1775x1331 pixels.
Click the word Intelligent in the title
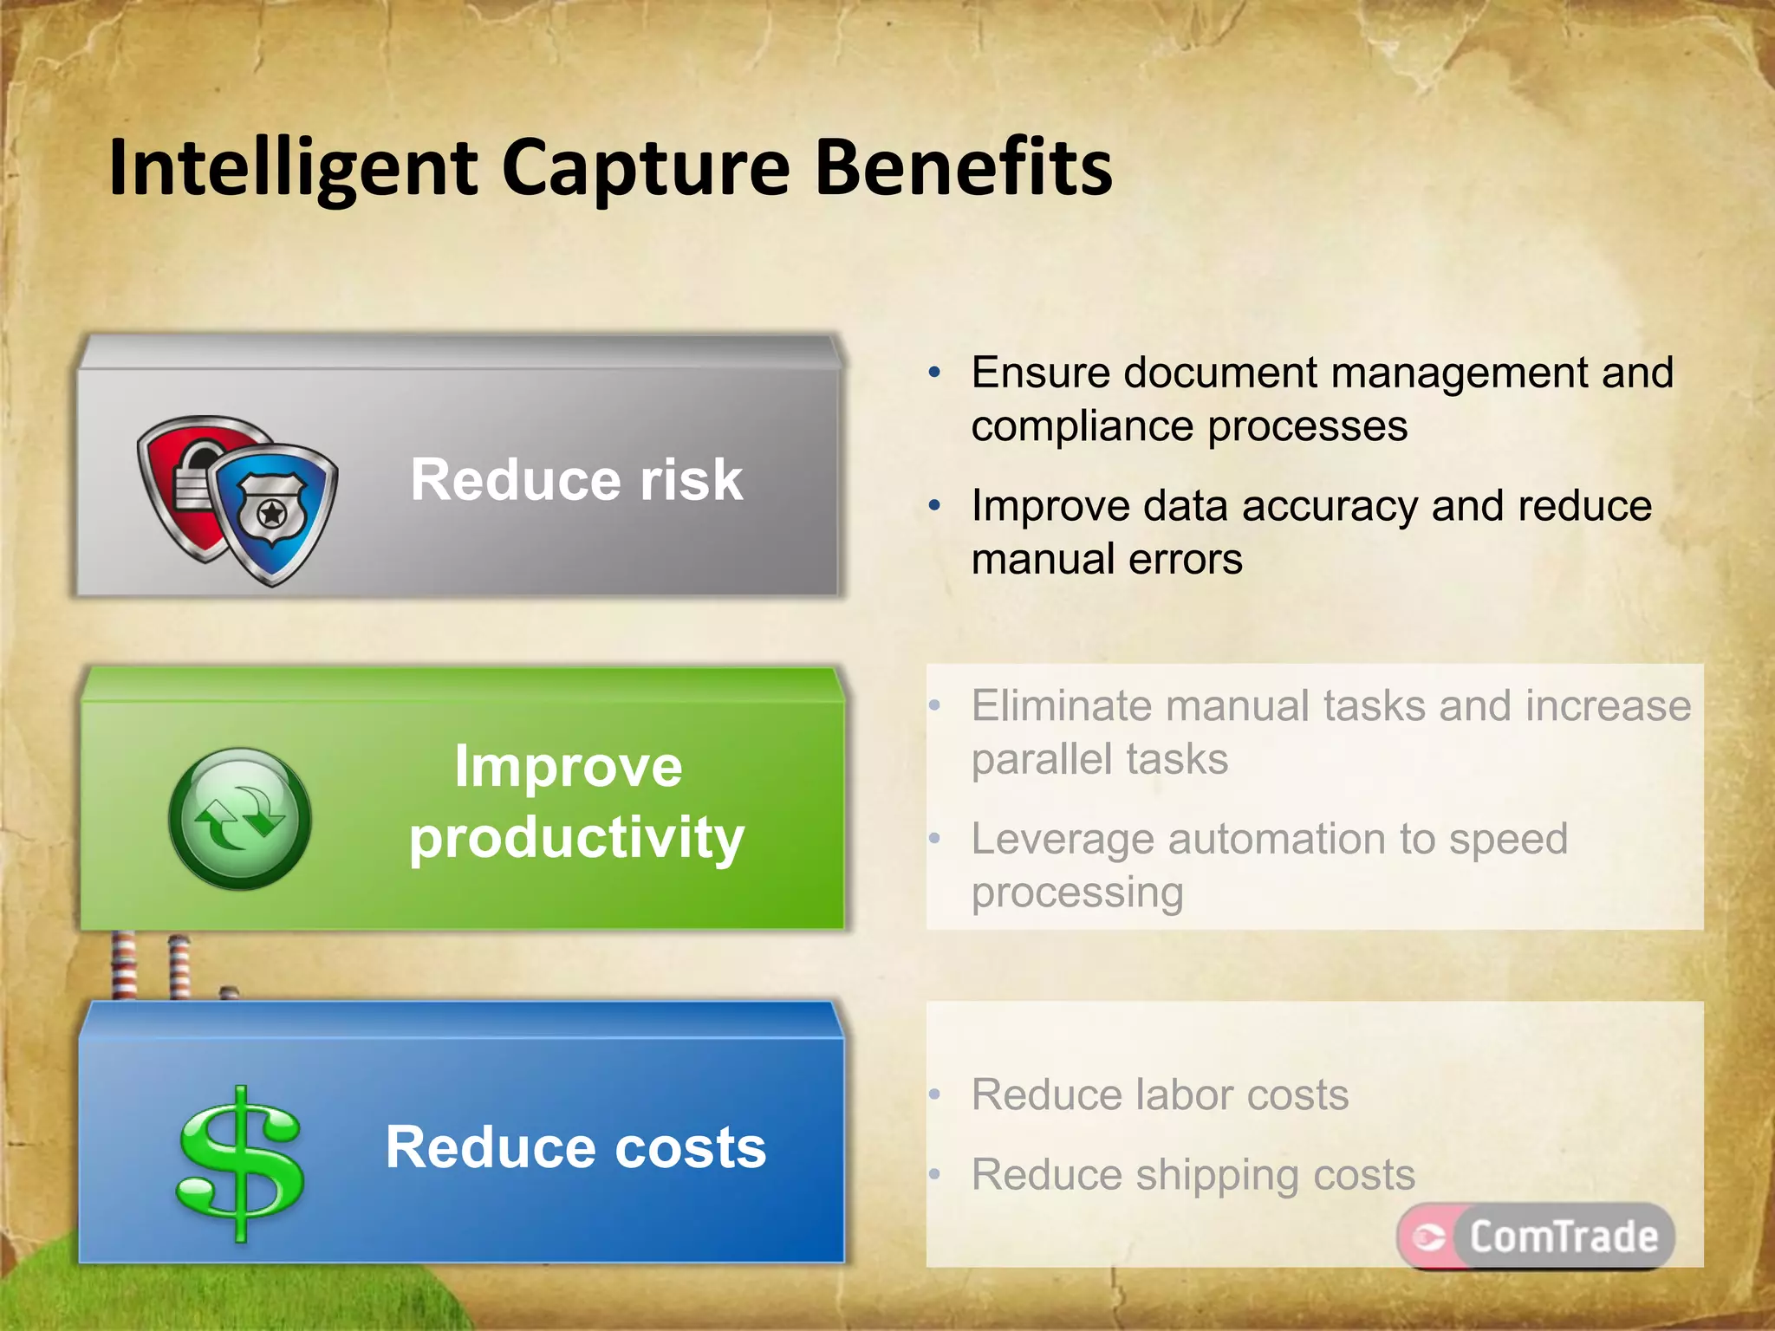tap(293, 169)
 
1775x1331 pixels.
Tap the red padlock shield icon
tap(186, 481)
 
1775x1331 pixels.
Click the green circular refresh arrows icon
tap(240, 819)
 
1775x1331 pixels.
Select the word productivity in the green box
tap(576, 838)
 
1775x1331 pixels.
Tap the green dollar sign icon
tap(240, 1161)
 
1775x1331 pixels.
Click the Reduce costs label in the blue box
tap(575, 1147)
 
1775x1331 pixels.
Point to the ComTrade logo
tap(1535, 1236)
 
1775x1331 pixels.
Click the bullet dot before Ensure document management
tap(934, 373)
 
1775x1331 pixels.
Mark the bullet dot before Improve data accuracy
tap(934, 506)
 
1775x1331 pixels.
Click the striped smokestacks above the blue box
tap(152, 965)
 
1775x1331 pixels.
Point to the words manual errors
tap(1106, 560)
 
